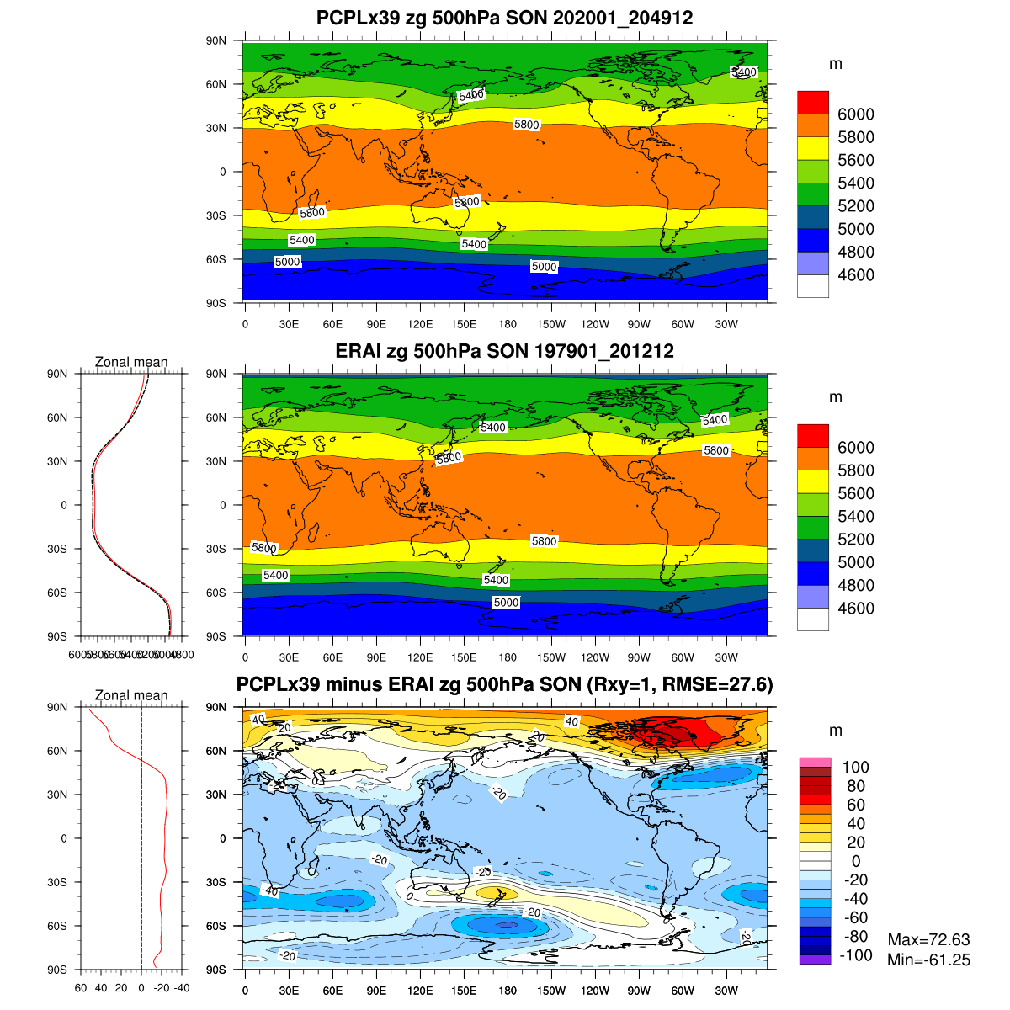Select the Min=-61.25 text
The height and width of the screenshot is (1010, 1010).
click(x=928, y=960)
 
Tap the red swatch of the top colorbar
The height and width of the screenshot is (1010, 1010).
click(x=812, y=103)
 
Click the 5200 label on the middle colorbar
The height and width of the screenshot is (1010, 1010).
click(x=855, y=540)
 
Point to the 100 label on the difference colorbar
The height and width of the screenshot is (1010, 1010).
click(x=855, y=767)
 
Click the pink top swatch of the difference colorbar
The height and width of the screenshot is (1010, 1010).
click(x=815, y=762)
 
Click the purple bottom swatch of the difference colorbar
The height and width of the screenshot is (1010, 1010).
click(x=815, y=959)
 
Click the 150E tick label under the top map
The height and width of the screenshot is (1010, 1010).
click(x=464, y=325)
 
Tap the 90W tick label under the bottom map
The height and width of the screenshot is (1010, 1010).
click(x=639, y=991)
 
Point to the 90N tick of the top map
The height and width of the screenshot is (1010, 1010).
click(x=217, y=40)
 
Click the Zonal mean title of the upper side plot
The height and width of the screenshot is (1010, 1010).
click(x=131, y=363)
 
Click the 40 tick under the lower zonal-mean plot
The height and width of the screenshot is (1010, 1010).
click(x=101, y=988)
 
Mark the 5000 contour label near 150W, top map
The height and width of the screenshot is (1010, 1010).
click(x=544, y=267)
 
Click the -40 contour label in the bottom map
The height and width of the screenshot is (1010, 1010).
click(x=269, y=890)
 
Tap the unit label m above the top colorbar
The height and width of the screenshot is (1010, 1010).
click(x=835, y=65)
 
